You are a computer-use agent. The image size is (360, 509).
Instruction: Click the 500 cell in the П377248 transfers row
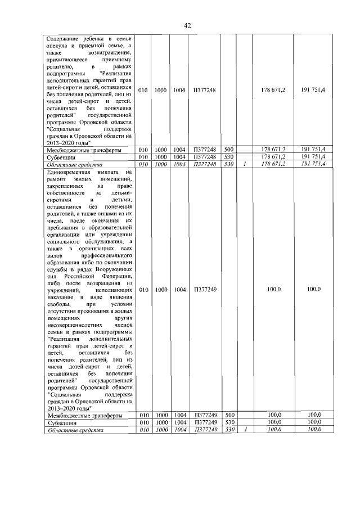click(x=228, y=149)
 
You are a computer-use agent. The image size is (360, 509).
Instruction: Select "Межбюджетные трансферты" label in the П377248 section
click(x=83, y=149)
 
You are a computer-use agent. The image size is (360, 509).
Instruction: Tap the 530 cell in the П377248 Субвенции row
click(x=228, y=156)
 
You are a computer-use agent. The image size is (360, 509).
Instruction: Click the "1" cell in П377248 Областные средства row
click(x=245, y=164)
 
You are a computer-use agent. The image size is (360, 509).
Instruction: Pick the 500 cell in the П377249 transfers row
click(x=228, y=415)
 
